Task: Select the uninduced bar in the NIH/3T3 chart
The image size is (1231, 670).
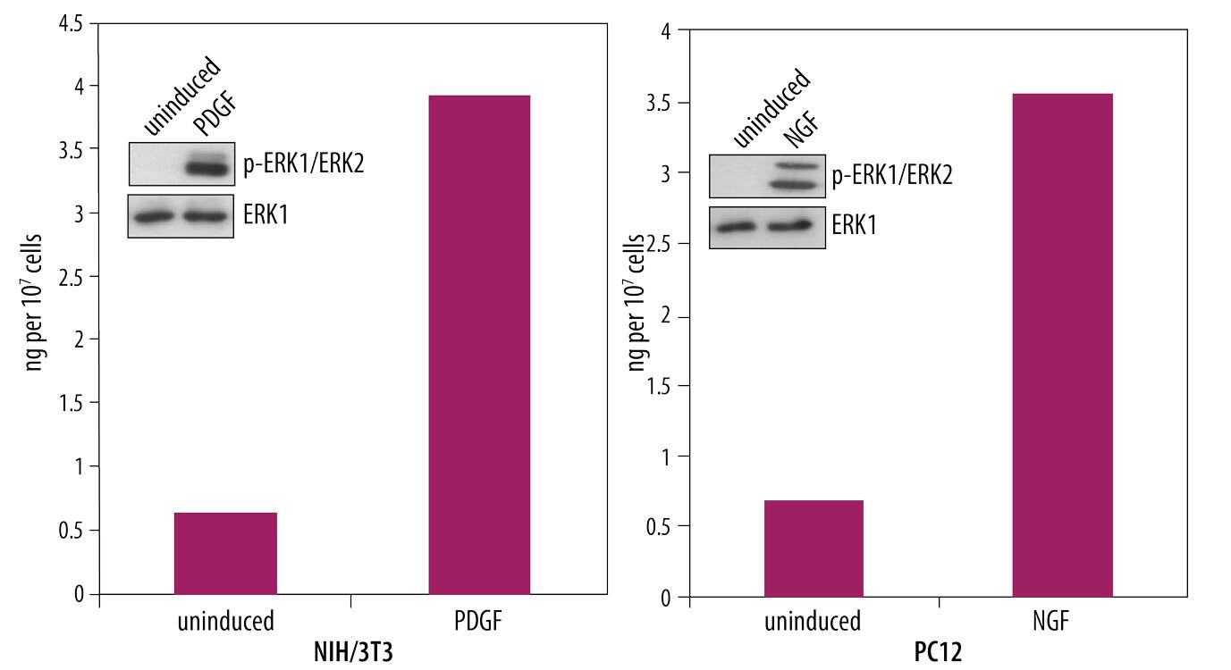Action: pos(225,553)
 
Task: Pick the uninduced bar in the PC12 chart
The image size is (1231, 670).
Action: pos(814,549)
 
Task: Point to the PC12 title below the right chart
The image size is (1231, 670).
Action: pos(938,652)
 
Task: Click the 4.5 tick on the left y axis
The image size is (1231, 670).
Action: pos(69,23)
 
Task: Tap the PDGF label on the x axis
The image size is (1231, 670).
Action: pos(479,621)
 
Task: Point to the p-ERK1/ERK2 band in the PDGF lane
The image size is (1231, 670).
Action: pos(207,167)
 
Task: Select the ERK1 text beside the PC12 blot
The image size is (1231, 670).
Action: pos(854,225)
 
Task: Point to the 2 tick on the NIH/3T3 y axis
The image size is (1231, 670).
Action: pos(78,339)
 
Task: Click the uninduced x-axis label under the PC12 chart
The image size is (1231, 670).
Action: pos(812,621)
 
